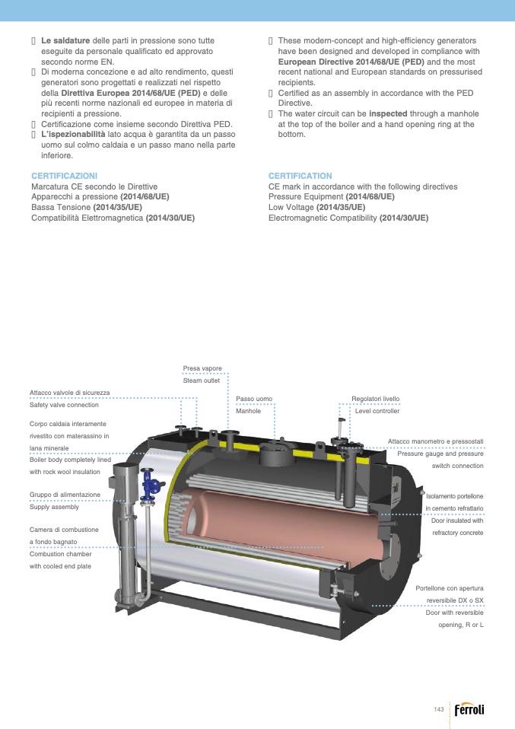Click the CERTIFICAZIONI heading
pyautogui.click(x=64, y=176)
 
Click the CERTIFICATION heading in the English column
pyautogui.click(x=300, y=176)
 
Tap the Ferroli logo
pyautogui.click(x=469, y=709)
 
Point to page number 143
pyautogui.click(x=439, y=709)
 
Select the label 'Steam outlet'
pyautogui.click(x=202, y=380)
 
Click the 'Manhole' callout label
pyautogui.click(x=248, y=411)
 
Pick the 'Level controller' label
pyautogui.click(x=377, y=411)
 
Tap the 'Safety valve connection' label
pyautogui.click(x=64, y=405)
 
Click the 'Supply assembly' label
pyautogui.click(x=54, y=507)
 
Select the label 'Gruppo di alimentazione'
pyautogui.click(x=65, y=495)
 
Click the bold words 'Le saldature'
pyautogui.click(x=65, y=41)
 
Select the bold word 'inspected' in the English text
pyautogui.click(x=388, y=113)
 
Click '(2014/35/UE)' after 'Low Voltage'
pyautogui.click(x=341, y=207)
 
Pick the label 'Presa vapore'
pyautogui.click(x=202, y=368)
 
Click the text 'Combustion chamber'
pyautogui.click(x=60, y=554)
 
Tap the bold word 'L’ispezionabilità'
pyautogui.click(x=73, y=135)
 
